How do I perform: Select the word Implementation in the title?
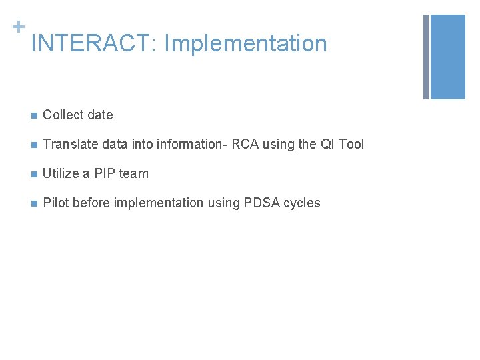tap(245, 44)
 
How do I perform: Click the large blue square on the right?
tap(447, 57)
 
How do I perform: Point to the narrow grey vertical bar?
tap(426, 57)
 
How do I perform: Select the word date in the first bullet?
tap(99, 115)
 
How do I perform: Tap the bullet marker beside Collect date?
tap(33, 115)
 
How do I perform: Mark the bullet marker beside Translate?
tap(33, 145)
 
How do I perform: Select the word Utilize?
tap(61, 173)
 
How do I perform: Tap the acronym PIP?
tap(105, 173)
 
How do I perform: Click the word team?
tap(134, 173)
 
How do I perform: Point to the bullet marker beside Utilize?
tap(33, 174)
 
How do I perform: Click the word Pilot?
tap(55, 203)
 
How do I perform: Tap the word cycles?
tap(302, 203)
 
